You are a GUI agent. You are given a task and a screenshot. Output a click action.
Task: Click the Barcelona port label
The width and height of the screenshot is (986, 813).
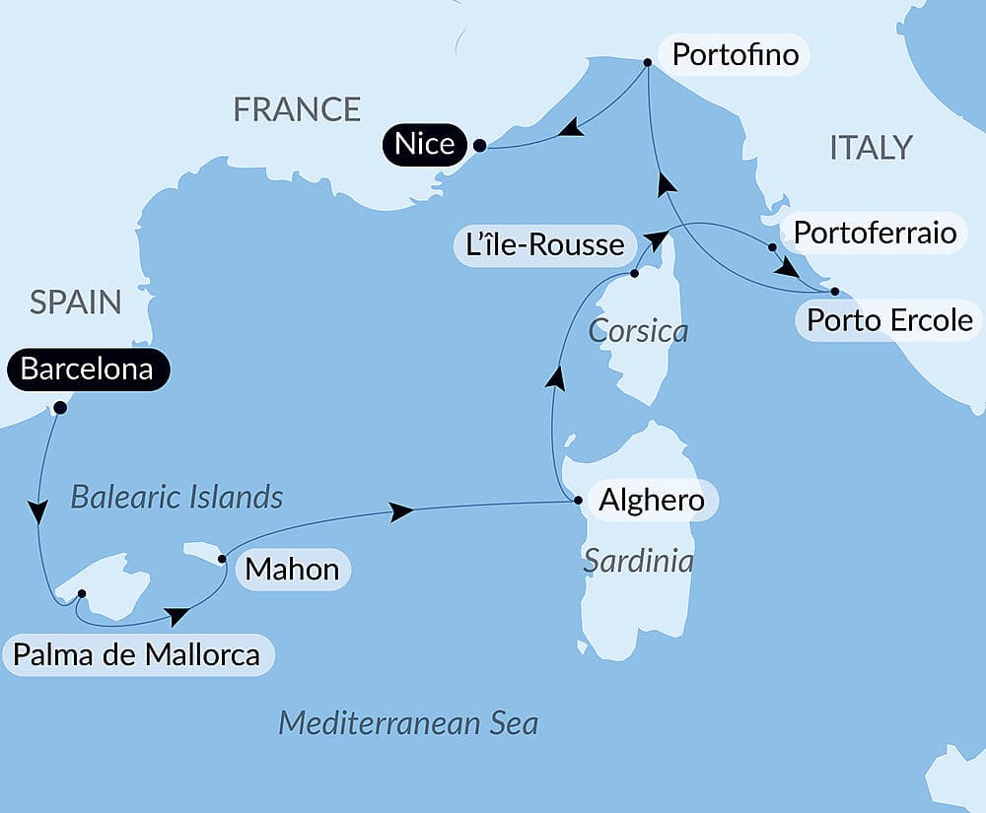pos(87,370)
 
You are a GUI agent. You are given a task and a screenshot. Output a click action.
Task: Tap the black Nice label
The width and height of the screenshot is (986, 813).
pos(425,145)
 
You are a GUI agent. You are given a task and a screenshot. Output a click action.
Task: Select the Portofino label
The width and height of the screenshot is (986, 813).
pos(735,54)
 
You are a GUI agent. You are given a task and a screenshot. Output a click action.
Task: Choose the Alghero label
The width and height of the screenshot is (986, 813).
pos(652,501)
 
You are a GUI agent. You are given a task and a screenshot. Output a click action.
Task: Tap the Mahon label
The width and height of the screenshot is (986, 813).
pos(292,569)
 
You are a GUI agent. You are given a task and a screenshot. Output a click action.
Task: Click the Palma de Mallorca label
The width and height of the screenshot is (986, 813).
pos(138,654)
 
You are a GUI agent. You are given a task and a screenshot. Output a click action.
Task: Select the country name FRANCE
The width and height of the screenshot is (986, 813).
pos(297,109)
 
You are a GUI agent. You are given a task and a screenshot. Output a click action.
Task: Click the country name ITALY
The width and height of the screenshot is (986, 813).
pos(871,148)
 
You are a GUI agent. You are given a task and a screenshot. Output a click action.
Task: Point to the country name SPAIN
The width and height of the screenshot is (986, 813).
pos(75,303)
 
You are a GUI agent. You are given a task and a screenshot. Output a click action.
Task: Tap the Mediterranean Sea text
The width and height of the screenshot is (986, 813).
pos(408,723)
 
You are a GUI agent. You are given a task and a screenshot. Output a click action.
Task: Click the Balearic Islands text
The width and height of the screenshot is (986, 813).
pos(176,497)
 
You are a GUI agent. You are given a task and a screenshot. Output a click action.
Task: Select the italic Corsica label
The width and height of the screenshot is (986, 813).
pos(638,331)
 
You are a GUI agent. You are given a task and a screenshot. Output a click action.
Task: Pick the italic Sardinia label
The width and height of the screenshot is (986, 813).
pos(638,561)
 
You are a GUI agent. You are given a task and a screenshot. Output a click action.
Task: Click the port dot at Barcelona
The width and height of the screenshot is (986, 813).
pos(60,407)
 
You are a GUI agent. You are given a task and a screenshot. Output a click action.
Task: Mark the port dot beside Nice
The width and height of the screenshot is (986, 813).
pos(479,146)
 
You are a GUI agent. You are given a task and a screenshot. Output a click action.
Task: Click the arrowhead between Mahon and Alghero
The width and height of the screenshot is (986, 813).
pos(400,511)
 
